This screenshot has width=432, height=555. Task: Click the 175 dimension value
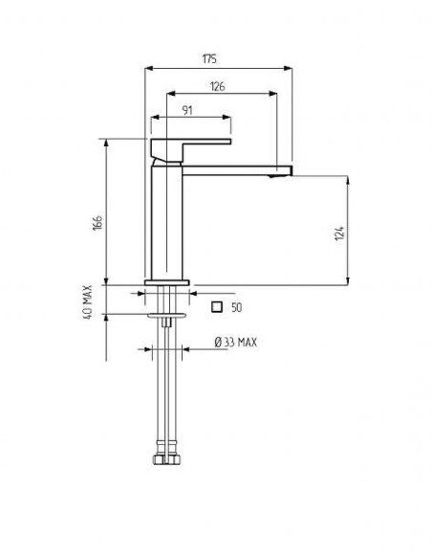209,58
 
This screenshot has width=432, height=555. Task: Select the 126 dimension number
217,86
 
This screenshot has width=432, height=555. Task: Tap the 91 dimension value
187,110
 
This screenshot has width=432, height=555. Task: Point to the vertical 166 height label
97,222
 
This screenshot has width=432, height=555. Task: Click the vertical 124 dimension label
339,233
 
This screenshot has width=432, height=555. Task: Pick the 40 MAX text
88,302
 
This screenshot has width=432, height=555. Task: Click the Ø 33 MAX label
236,343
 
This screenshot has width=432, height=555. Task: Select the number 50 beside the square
236,307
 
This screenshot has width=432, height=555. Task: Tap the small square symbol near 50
217,307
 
